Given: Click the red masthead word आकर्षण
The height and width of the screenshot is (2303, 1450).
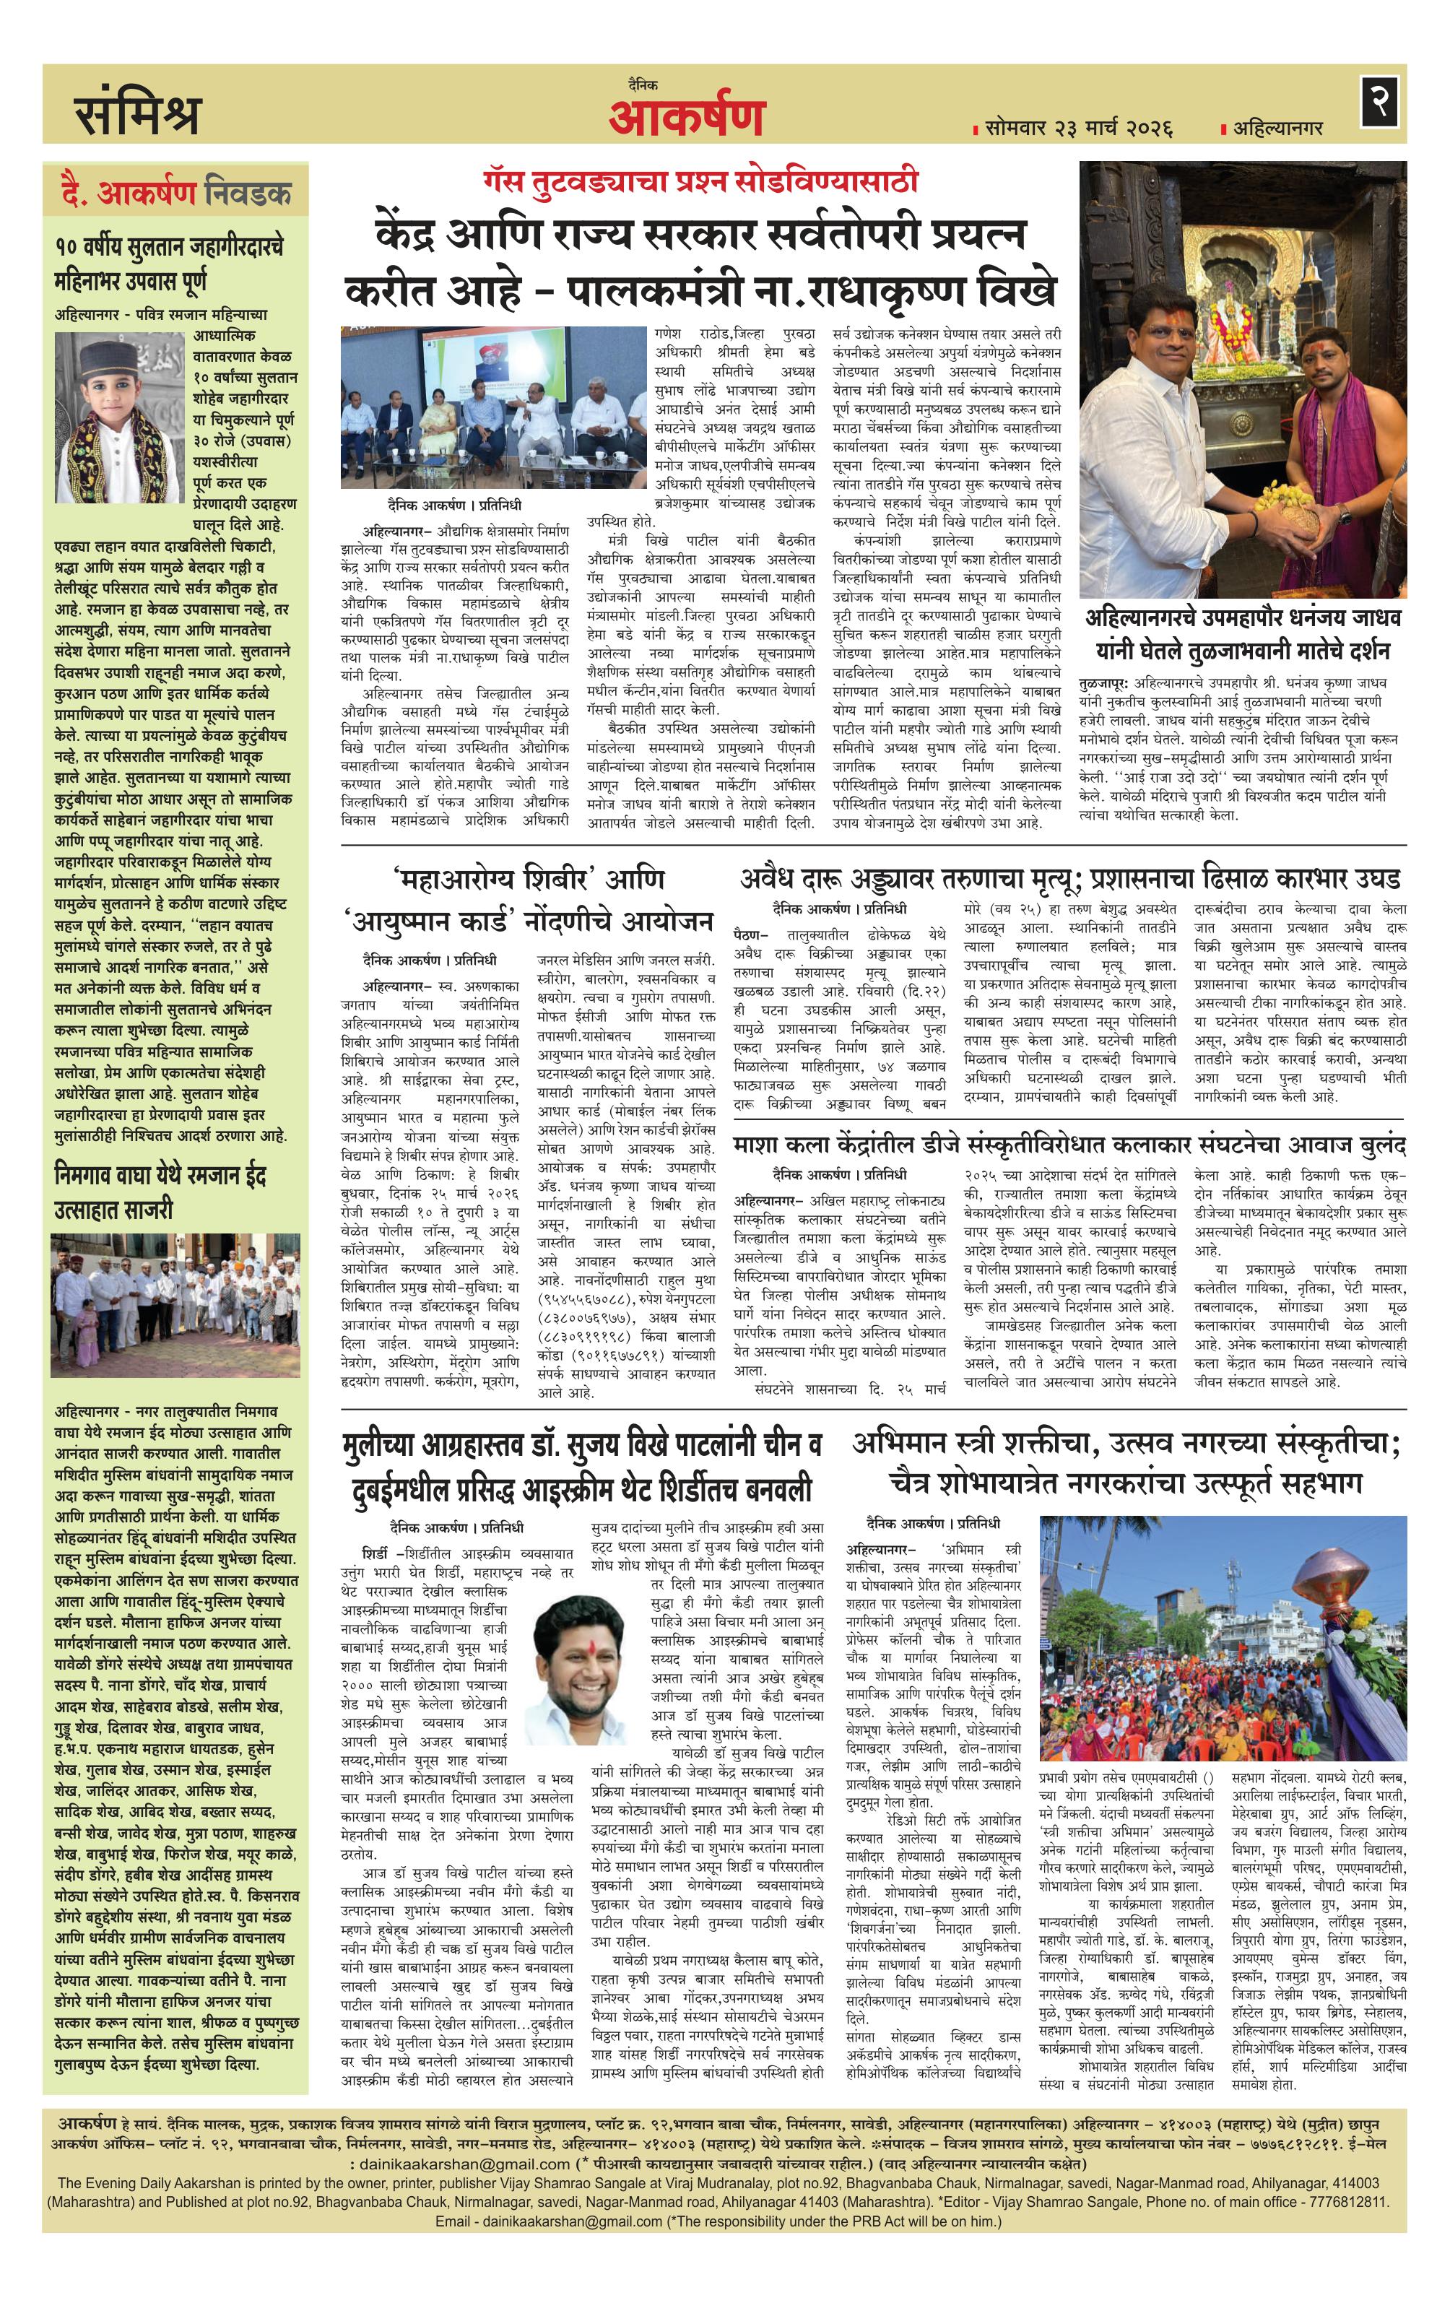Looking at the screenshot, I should (687, 117).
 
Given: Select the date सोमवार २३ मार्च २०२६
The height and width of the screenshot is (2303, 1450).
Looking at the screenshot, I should (1077, 127).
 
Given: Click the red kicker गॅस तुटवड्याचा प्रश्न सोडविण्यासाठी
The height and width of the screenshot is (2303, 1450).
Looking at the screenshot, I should (700, 181).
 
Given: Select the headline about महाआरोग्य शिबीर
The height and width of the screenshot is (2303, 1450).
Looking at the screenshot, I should (528, 899).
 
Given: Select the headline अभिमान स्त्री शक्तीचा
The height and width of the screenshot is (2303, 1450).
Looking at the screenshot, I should (1125, 1462).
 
